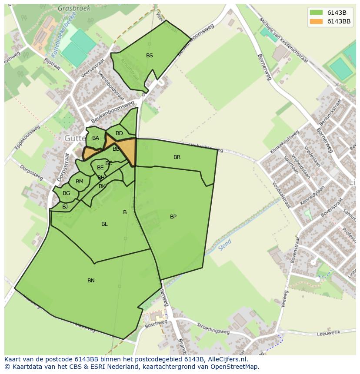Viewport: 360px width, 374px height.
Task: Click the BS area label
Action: coord(150,56)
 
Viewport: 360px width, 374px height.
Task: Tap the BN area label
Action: coord(91,281)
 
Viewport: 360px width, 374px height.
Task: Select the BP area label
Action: coord(173,217)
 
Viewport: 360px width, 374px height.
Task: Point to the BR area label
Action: coord(177,157)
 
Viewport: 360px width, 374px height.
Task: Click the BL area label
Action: coord(104,224)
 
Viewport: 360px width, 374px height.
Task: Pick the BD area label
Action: coord(119,133)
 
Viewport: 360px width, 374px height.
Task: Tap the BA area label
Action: coord(96,139)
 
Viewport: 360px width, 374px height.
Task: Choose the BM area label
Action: coord(79,182)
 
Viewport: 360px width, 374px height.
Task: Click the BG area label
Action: coord(66,193)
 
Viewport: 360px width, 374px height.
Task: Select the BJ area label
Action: coord(65,207)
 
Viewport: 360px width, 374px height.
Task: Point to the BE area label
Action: coord(100,168)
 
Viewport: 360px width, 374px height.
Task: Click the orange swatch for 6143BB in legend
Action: coord(316,21)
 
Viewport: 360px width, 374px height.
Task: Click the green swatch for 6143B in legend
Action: coord(316,12)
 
